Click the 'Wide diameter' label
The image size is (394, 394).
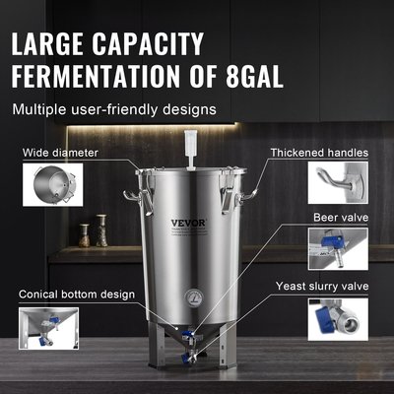point(64,154)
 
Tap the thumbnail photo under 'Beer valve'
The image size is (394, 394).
point(337,248)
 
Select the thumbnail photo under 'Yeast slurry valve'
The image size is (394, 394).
point(337,319)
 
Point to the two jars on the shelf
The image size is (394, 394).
point(92,232)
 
